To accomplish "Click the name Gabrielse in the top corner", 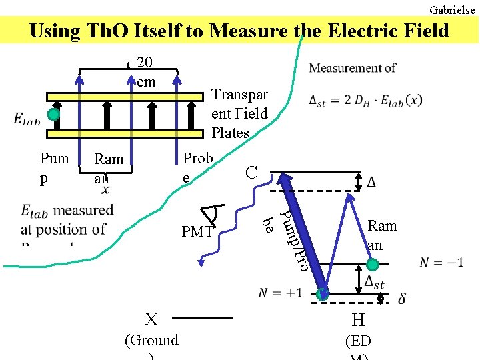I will click(453, 10).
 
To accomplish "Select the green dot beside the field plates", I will click(54, 115).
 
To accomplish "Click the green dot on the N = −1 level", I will click(373, 265).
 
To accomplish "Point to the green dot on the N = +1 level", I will click(323, 293).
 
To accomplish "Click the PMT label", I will click(197, 232).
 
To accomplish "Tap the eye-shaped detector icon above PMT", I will click(215, 213).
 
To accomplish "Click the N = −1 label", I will click(441, 262).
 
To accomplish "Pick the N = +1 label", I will click(280, 293).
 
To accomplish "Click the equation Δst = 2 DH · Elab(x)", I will click(365, 101).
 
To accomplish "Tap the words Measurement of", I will click(353, 68).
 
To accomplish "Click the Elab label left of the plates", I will click(27, 119).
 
